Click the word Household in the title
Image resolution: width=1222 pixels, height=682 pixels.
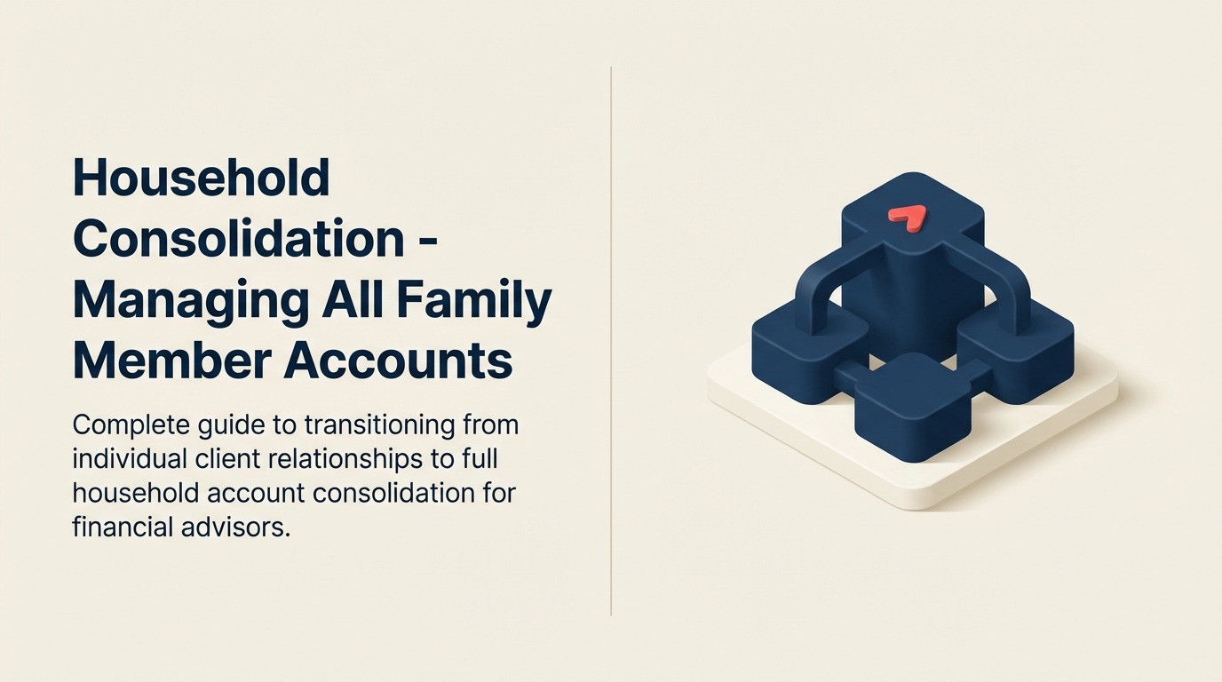(201, 178)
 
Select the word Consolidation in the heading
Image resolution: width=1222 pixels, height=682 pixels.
(239, 239)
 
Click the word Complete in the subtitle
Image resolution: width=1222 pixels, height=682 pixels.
(131, 425)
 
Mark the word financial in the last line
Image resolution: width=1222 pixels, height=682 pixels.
(118, 527)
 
